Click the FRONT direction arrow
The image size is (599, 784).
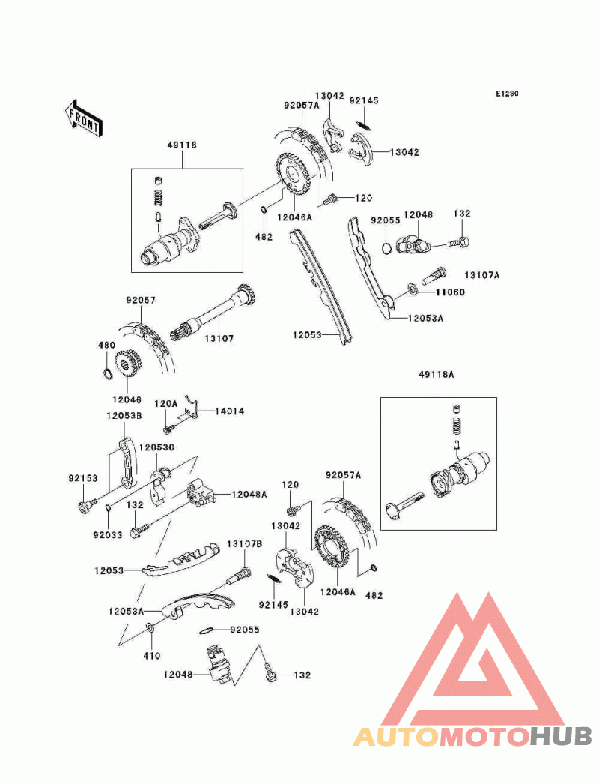(x=83, y=118)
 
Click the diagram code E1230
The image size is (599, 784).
(x=507, y=94)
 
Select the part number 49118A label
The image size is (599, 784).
(x=436, y=374)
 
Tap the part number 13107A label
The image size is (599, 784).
(x=481, y=275)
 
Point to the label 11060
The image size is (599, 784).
(x=450, y=292)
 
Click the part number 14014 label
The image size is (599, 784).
(x=230, y=411)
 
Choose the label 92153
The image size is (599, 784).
(x=83, y=478)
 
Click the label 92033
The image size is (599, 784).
(x=107, y=535)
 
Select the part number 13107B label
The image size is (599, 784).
(x=245, y=544)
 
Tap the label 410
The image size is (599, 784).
(x=152, y=656)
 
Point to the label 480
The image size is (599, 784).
(x=106, y=345)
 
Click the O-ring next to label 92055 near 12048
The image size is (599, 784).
(x=386, y=247)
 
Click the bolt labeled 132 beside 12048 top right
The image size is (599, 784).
(x=460, y=243)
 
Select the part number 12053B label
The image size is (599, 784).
(x=124, y=415)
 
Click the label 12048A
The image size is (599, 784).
(x=249, y=495)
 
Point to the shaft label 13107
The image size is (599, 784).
(x=219, y=339)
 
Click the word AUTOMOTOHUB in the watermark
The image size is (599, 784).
(x=472, y=736)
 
